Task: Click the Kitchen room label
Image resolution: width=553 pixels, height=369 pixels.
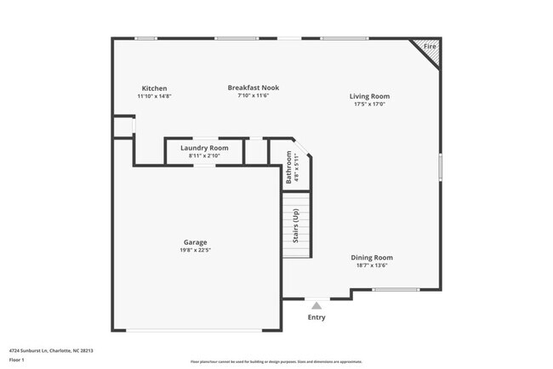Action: [154, 88]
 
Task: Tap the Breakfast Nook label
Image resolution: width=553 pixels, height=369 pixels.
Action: [253, 88]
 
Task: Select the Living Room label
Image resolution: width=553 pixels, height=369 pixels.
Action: [371, 96]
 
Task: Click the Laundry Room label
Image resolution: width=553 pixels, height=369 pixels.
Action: [204, 148]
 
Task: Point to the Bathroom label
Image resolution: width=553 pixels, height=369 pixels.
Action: [289, 167]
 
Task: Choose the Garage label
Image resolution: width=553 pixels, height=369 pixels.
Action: [196, 241]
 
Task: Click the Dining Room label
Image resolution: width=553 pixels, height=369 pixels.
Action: [372, 257]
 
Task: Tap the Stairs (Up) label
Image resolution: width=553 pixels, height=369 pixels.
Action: [296, 226]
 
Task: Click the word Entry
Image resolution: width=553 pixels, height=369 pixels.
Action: [316, 317]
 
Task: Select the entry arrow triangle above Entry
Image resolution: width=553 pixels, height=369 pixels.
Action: [316, 304]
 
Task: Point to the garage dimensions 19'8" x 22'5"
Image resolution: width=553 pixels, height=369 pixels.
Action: [196, 250]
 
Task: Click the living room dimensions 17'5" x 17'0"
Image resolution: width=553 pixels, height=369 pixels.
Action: [371, 105]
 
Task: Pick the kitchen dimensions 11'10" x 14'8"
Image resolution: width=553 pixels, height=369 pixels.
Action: [154, 96]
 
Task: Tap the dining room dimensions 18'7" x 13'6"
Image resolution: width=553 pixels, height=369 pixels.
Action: [372, 265]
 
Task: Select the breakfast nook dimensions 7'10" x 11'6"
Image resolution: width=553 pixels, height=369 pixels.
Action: [253, 95]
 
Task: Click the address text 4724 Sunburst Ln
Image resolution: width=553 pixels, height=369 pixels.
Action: [51, 349]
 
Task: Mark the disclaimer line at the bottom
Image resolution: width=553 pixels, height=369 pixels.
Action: [276, 361]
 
